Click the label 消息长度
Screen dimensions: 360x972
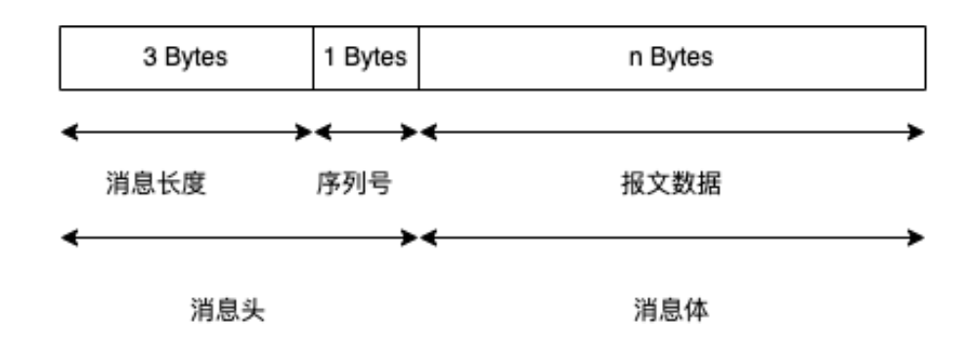pyautogui.click(x=156, y=184)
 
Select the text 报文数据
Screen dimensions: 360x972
pyautogui.click(x=671, y=184)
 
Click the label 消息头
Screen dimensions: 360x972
pyautogui.click(x=227, y=311)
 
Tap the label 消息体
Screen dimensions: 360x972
pyautogui.click(x=671, y=311)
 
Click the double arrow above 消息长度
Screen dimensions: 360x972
pyautogui.click(x=186, y=131)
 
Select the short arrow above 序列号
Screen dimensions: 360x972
pyautogui.click(x=366, y=131)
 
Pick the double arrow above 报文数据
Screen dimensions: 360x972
pyautogui.click(x=671, y=131)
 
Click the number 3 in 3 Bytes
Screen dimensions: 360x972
pyautogui.click(x=151, y=58)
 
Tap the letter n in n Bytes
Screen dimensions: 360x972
pyautogui.click(x=633, y=58)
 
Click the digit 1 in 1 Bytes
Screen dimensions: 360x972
pyautogui.click(x=330, y=58)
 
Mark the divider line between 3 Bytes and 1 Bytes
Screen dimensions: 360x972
pyautogui.click(x=314, y=58)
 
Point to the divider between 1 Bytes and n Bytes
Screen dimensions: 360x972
pyautogui.click(x=419, y=58)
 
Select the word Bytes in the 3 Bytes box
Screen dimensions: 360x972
pyautogui.click(x=197, y=58)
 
